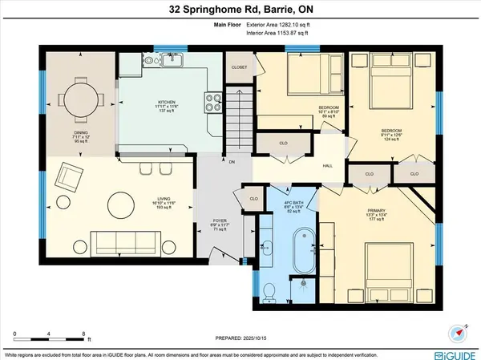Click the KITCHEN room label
(x=167, y=103)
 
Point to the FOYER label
(x=220, y=220)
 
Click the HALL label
(x=328, y=166)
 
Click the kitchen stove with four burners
(x=214, y=102)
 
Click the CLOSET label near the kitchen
(x=239, y=67)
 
